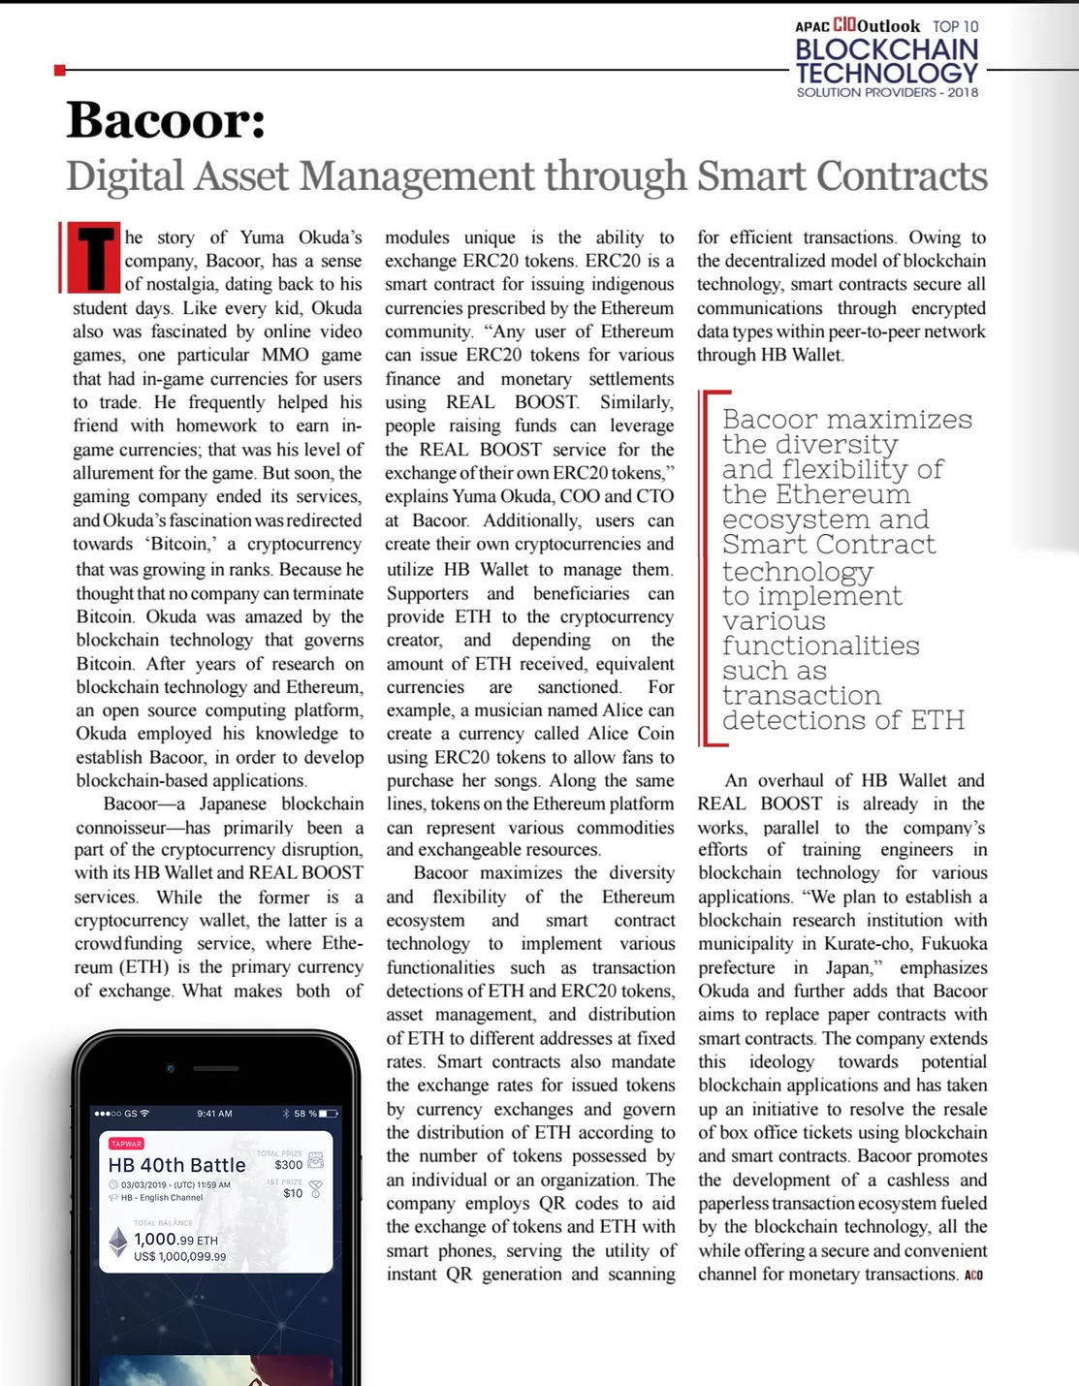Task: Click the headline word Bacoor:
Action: click(x=166, y=120)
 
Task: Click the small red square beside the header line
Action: click(x=60, y=70)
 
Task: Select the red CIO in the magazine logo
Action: click(x=844, y=25)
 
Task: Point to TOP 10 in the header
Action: click(x=956, y=26)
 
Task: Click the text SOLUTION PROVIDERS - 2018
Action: click(x=887, y=93)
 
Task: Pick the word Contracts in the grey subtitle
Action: click(x=903, y=176)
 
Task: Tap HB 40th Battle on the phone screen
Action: click(x=176, y=1165)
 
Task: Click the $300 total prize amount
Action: click(x=288, y=1165)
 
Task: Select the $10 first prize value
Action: click(x=293, y=1193)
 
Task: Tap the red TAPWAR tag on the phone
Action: click(x=126, y=1144)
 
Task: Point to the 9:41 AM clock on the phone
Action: click(x=214, y=1114)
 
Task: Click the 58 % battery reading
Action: click(x=305, y=1114)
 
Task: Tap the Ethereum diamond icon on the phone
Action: click(x=118, y=1242)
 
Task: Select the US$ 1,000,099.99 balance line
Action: click(x=179, y=1257)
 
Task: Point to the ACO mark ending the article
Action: click(x=973, y=1276)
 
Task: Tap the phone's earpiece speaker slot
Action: click(x=216, y=1068)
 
